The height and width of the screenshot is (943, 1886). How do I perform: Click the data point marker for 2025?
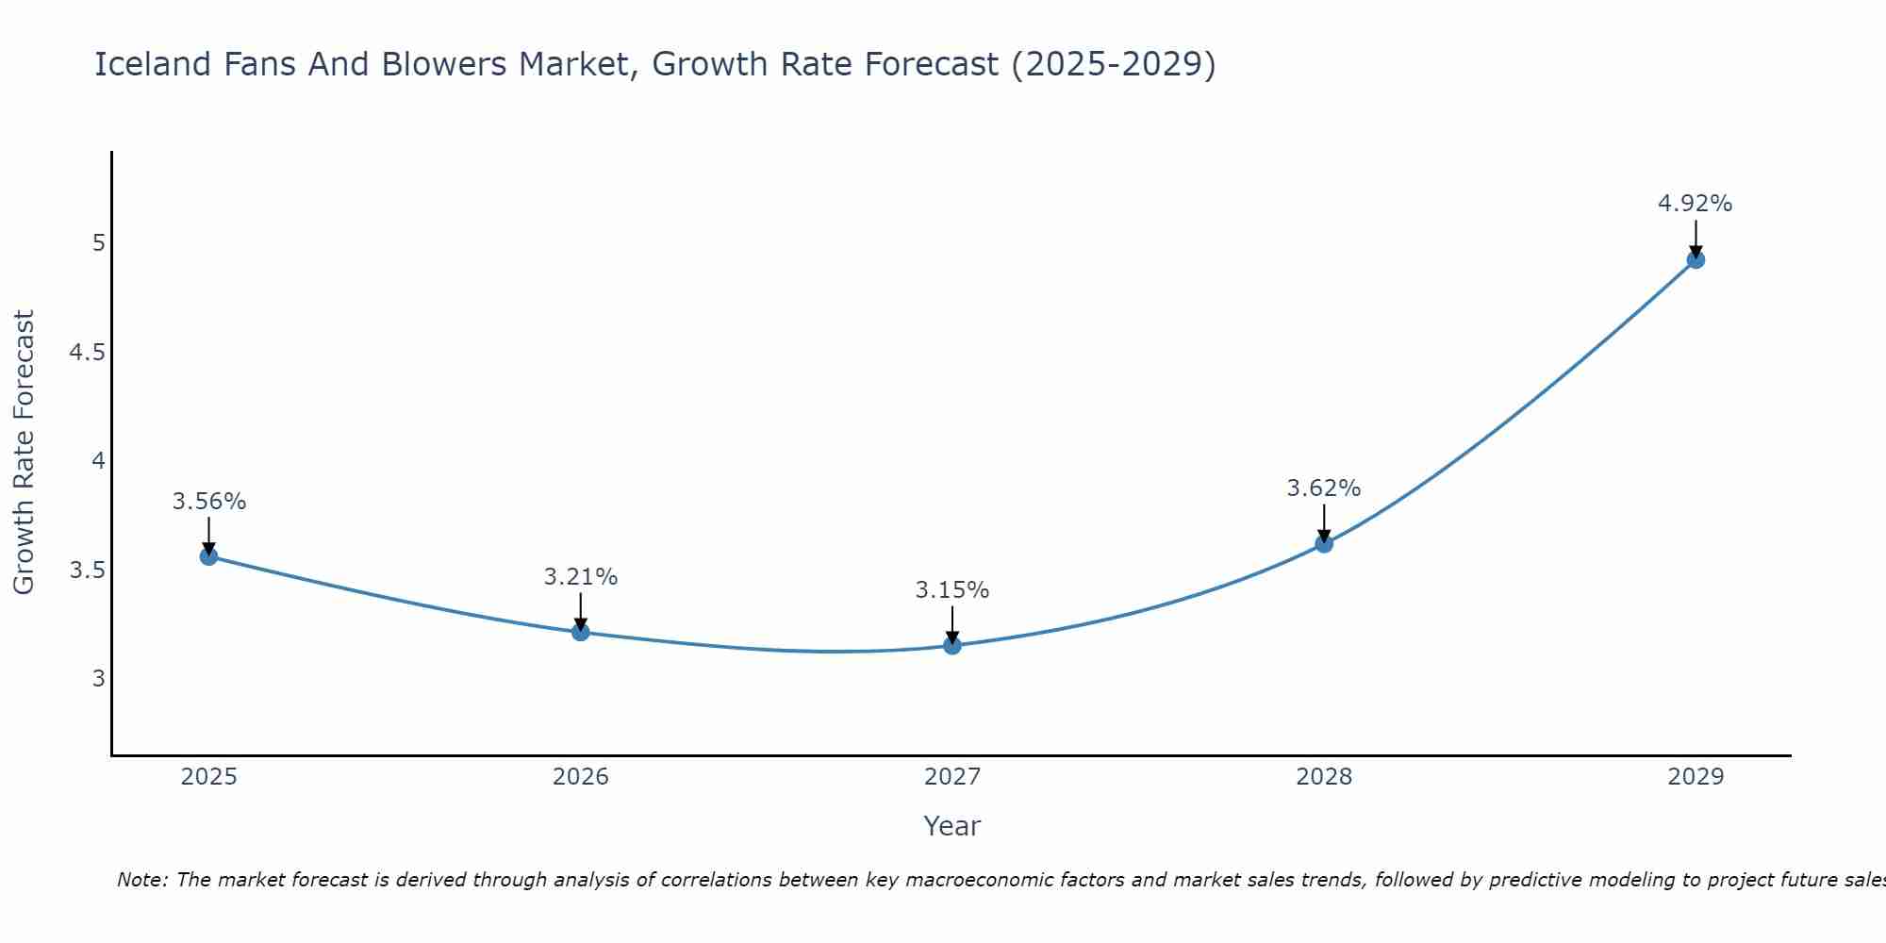208,556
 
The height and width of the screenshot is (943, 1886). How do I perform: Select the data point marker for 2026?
581,632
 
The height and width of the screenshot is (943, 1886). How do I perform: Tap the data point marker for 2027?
952,646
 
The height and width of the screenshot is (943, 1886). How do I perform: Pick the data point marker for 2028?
1324,544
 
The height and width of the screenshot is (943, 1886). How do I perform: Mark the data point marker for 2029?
1696,260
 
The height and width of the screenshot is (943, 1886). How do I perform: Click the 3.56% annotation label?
209,502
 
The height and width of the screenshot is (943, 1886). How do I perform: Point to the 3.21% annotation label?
581,577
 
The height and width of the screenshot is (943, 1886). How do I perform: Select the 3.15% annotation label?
952,590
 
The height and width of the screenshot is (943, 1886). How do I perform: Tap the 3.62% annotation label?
1324,488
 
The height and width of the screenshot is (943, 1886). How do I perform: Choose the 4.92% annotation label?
1696,204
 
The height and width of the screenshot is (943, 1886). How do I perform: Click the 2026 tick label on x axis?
581,777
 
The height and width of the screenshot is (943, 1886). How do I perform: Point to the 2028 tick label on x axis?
1324,777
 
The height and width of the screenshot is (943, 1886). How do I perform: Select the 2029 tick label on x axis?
1696,777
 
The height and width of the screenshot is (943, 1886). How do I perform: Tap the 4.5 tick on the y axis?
87,354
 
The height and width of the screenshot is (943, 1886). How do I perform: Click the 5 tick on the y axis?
98,243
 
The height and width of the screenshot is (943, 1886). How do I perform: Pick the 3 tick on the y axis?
98,679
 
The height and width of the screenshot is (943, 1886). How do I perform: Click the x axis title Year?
952,826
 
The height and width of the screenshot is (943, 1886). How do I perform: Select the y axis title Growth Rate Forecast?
25,453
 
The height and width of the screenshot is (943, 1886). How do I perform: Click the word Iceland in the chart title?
154,64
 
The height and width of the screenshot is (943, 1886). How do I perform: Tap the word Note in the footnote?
141,880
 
